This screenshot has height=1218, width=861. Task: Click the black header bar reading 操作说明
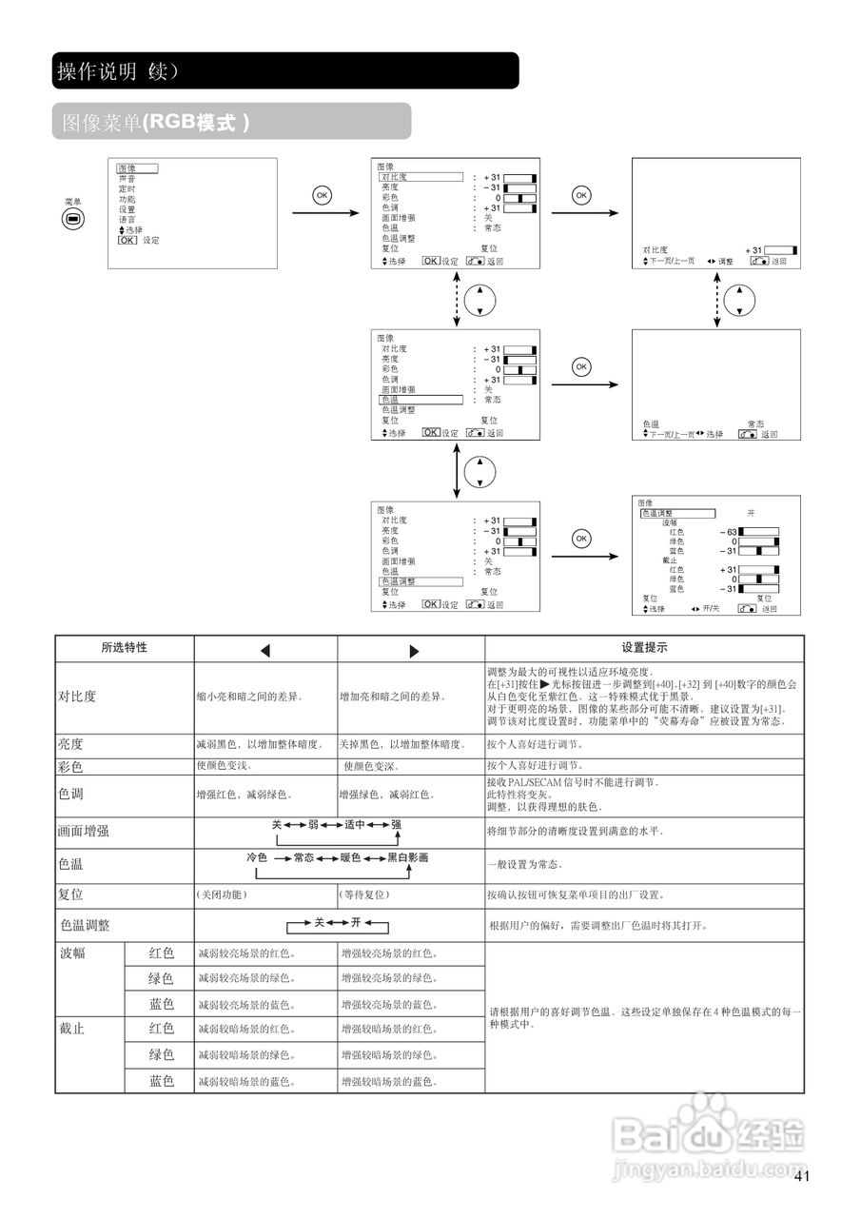coord(285,71)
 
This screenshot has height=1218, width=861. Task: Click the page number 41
coord(801,1177)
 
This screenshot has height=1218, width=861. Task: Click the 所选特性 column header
coord(125,648)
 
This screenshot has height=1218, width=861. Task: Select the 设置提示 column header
coord(644,648)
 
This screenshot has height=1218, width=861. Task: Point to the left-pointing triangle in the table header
coord(265,651)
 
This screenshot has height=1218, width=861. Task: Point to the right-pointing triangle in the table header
coord(414,651)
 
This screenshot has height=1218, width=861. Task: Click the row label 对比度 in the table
coord(78,697)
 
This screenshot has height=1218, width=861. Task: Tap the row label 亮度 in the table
coord(71,744)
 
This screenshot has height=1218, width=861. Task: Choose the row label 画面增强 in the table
coord(84,831)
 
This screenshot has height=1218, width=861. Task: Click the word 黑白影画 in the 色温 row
coord(407,857)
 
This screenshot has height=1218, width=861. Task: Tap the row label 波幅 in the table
coord(72,953)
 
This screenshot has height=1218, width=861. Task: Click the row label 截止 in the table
coord(72,1029)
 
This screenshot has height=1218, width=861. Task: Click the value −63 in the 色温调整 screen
coord(729,531)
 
